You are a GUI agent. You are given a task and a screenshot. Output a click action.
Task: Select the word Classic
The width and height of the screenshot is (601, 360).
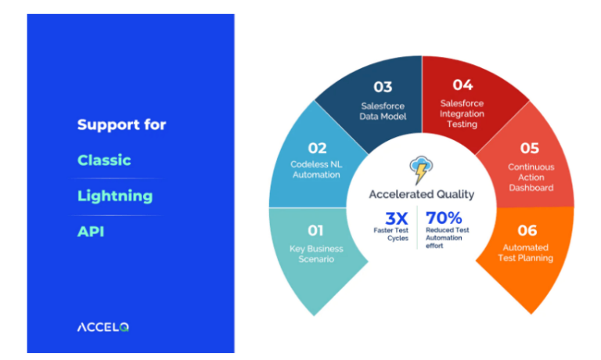click(104, 160)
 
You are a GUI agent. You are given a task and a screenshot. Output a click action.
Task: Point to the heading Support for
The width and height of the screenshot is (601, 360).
click(121, 124)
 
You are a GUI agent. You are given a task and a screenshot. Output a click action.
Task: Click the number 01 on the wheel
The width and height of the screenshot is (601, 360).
click(315, 231)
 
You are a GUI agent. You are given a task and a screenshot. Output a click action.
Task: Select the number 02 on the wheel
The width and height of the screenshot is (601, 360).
click(317, 148)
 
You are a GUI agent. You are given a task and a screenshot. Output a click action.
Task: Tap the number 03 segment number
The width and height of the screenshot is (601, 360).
click(383, 87)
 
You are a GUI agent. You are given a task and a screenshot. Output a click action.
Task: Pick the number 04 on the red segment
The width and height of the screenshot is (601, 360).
click(462, 85)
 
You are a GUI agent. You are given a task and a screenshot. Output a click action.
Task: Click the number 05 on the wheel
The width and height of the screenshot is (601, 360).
click(530, 148)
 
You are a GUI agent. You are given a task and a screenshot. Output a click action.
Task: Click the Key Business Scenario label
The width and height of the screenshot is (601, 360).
click(315, 254)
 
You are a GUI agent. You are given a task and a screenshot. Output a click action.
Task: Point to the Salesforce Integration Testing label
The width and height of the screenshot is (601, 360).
click(462, 113)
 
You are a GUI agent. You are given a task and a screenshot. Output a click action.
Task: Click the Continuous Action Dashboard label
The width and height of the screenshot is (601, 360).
click(530, 177)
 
